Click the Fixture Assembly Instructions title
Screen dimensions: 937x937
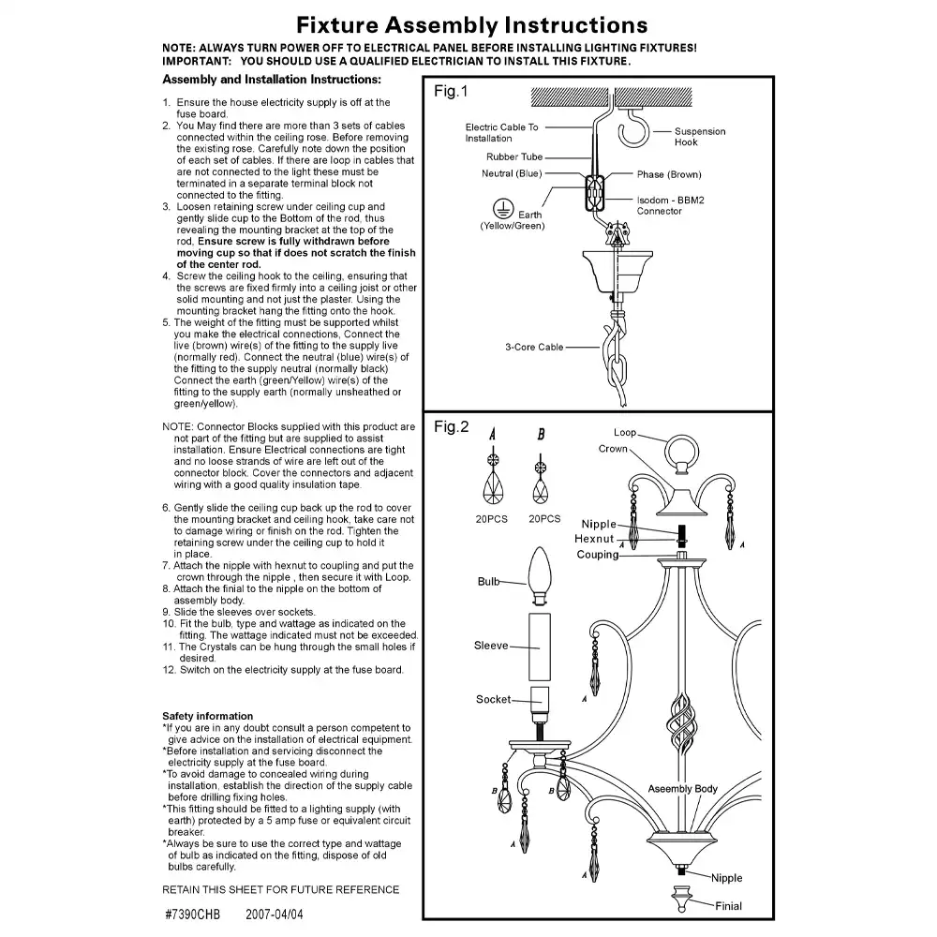pyautogui.click(x=471, y=24)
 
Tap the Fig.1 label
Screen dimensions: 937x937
pyautogui.click(x=451, y=92)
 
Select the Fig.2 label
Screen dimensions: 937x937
pyautogui.click(x=451, y=427)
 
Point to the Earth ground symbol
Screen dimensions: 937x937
pyautogui.click(x=502, y=207)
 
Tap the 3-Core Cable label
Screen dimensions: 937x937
pyautogui.click(x=535, y=347)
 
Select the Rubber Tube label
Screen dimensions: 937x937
pyautogui.click(x=514, y=157)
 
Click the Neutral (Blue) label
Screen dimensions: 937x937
pyautogui.click(x=512, y=173)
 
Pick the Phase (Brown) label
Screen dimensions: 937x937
pyautogui.click(x=669, y=174)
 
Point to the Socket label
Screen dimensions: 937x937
pyautogui.click(x=494, y=699)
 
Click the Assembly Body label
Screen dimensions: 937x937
pyautogui.click(x=683, y=789)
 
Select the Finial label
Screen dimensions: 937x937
pyautogui.click(x=728, y=906)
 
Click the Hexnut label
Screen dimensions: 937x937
pyautogui.click(x=594, y=539)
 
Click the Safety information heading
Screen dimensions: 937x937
pyautogui.click(x=207, y=716)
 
